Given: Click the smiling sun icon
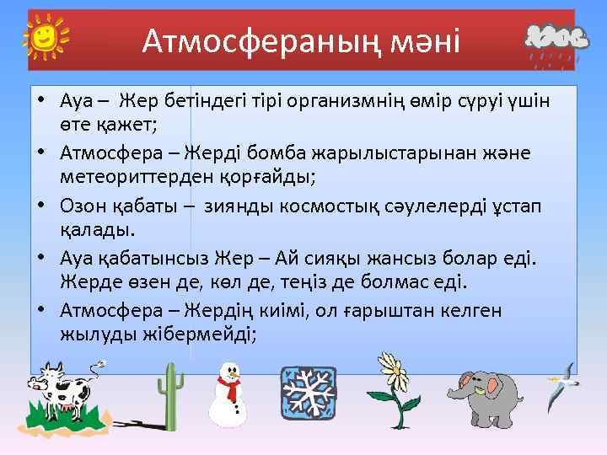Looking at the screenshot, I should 46,37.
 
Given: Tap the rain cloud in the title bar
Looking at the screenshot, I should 552,41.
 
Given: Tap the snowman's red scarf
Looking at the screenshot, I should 229,387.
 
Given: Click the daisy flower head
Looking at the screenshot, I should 392,370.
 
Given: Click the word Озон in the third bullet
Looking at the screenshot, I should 83,206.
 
